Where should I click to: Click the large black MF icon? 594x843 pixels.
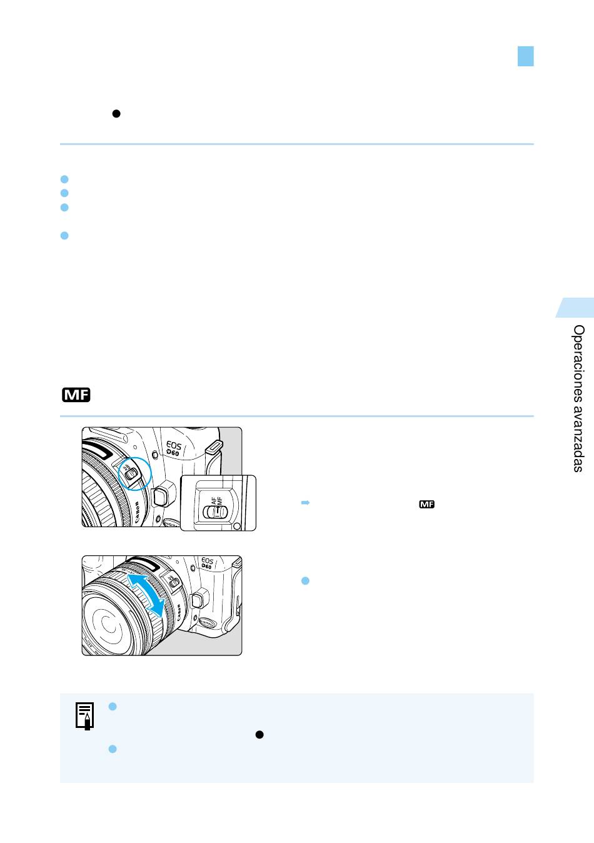pyautogui.click(x=76, y=395)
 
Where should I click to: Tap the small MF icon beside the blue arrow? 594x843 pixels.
pyautogui.click(x=426, y=504)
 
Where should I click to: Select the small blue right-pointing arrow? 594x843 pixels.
pyautogui.click(x=305, y=503)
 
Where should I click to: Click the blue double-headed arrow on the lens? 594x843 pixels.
pyautogui.click(x=146, y=595)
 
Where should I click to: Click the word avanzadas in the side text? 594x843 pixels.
pyautogui.click(x=578, y=438)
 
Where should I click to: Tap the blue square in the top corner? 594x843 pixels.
pyautogui.click(x=526, y=56)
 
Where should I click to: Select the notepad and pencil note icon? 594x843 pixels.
pyautogui.click(x=84, y=716)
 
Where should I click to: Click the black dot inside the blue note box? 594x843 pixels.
pyautogui.click(x=259, y=735)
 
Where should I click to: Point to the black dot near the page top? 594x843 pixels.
pyautogui.click(x=116, y=114)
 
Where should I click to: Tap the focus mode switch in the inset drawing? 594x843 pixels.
pyautogui.click(x=215, y=512)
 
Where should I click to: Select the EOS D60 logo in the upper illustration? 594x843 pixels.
pyautogui.click(x=174, y=448)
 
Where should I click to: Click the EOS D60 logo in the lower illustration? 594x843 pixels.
pyautogui.click(x=207, y=563)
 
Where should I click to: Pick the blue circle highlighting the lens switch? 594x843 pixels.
pyautogui.click(x=134, y=473)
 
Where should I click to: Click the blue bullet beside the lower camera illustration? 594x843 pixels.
pyautogui.click(x=306, y=581)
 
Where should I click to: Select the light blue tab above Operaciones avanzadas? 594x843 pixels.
pyautogui.click(x=575, y=308)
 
